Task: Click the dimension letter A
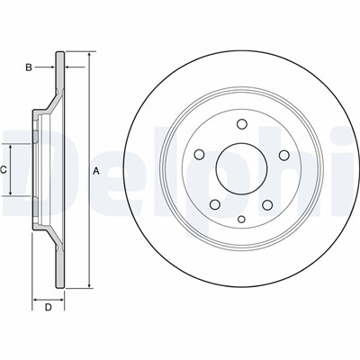click(x=96, y=171)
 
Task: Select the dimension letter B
click(x=29, y=67)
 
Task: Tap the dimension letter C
click(x=3, y=170)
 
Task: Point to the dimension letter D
click(x=48, y=307)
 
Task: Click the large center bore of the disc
click(x=242, y=168)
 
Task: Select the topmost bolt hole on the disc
click(x=241, y=124)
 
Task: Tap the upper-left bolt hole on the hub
click(x=199, y=155)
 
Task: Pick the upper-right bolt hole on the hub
click(x=284, y=155)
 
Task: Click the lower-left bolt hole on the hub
click(x=215, y=204)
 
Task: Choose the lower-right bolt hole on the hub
click(x=267, y=204)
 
